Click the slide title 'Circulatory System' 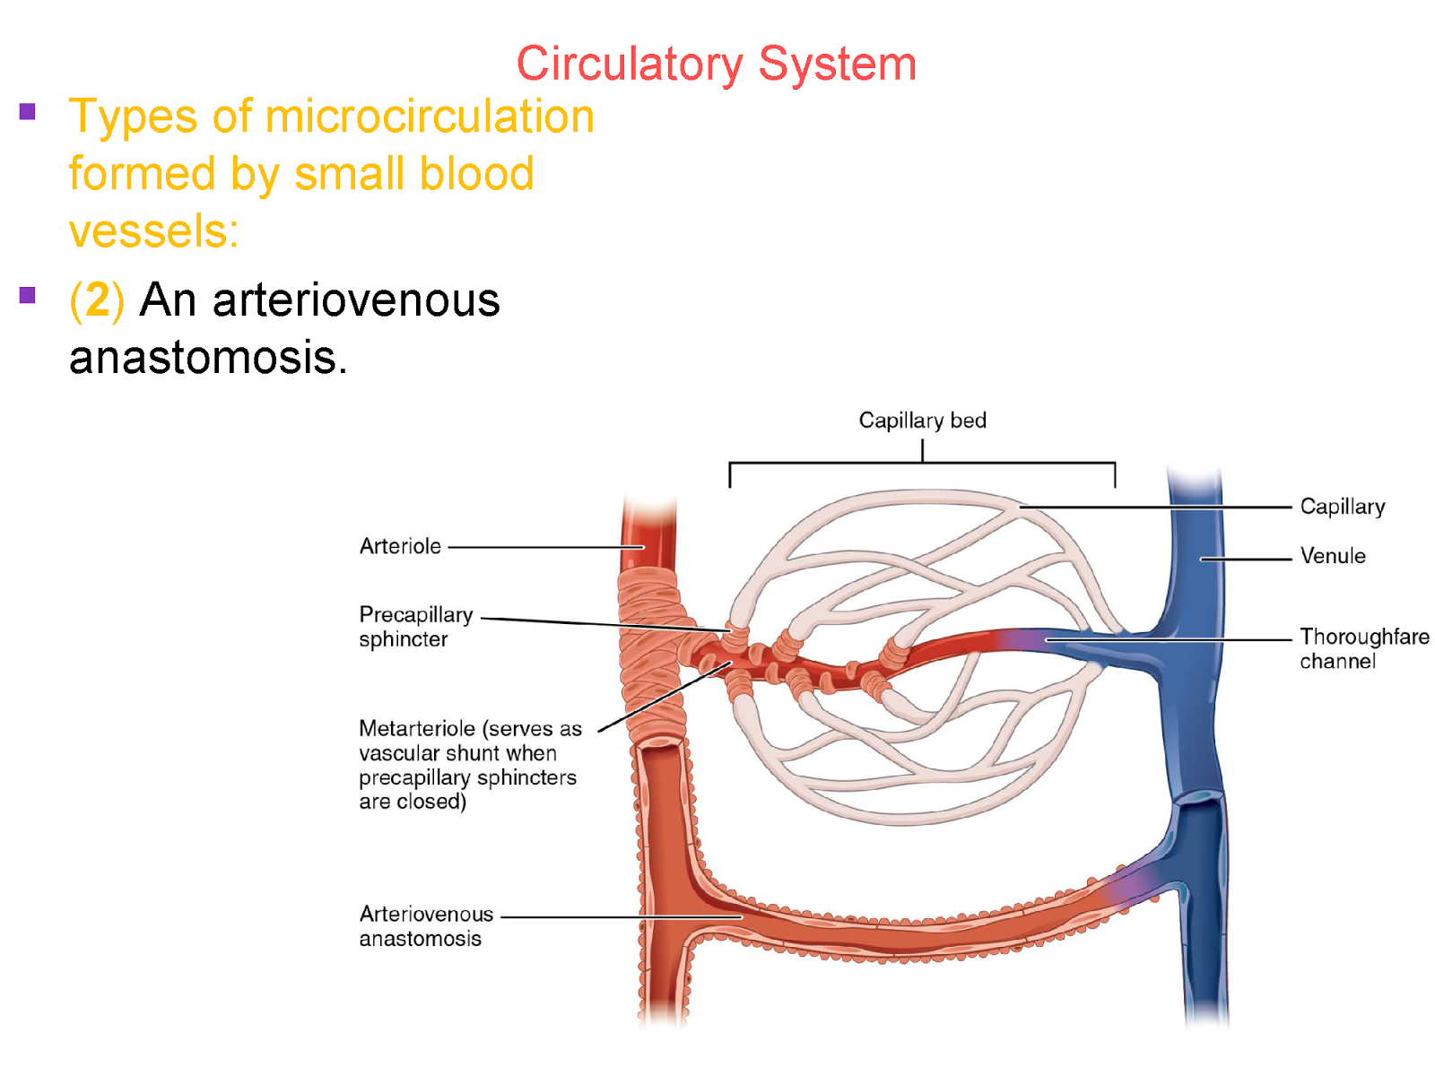(716, 65)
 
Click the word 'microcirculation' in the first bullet (430, 117)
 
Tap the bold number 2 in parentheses (97, 299)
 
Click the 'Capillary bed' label (922, 421)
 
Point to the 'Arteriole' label (400, 546)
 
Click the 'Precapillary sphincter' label (415, 627)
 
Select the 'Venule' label (1333, 556)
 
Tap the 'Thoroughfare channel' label (1364, 648)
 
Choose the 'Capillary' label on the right (1343, 507)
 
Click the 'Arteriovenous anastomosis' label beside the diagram (426, 926)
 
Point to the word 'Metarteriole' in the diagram (416, 728)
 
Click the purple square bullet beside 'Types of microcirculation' (28, 112)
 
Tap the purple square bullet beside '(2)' (28, 295)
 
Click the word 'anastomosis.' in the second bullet (207, 358)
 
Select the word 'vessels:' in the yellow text (153, 231)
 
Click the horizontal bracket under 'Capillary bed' (922, 463)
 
